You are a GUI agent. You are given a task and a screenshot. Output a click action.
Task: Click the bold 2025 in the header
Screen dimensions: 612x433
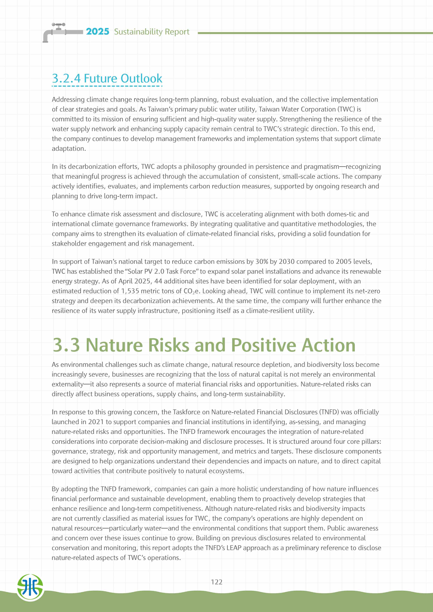pyautogui.click(x=97, y=31)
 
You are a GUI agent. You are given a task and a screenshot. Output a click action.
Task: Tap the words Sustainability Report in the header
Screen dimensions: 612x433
pyautogui.click(x=152, y=32)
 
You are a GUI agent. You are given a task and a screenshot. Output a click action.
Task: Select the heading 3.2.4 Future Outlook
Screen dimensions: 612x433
pyautogui.click(x=107, y=78)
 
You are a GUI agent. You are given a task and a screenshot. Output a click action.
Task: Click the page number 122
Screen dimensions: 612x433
pyautogui.click(x=216, y=582)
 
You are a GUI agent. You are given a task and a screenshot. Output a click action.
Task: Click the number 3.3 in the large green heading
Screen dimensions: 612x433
pyautogui.click(x=66, y=345)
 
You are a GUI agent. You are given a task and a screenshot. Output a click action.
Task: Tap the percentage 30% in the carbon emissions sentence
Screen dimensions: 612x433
pyautogui.click(x=262, y=262)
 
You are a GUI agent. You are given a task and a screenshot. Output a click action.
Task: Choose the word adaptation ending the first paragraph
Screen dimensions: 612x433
pyautogui.click(x=69, y=148)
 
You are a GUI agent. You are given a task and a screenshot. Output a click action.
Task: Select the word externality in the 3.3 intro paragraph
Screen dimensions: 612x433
pyautogui.click(x=67, y=384)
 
